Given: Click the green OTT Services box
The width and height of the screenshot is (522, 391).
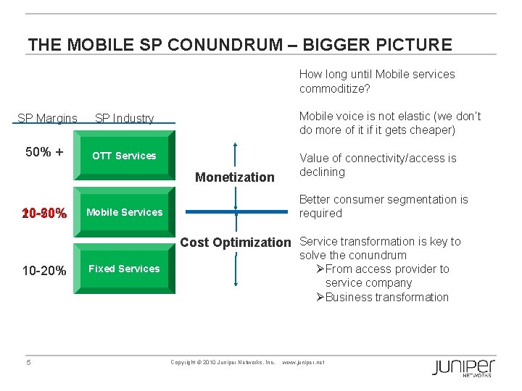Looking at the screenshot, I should (x=125, y=156).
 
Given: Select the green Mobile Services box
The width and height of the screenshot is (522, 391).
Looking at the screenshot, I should (x=125, y=212).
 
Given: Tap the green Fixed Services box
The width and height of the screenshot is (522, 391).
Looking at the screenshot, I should (x=125, y=269).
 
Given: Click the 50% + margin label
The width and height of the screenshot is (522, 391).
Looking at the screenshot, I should (x=44, y=152).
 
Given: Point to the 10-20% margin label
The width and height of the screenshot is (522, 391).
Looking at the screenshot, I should (x=44, y=271).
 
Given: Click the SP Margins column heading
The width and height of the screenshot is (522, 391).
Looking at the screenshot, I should (x=47, y=118).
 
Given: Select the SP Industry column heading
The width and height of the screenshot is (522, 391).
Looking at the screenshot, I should (x=125, y=118).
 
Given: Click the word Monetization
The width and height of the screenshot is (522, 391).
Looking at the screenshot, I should (x=236, y=177).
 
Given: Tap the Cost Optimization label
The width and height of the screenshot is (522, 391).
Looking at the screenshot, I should (x=235, y=242).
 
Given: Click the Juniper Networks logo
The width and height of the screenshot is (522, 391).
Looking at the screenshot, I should (x=463, y=367).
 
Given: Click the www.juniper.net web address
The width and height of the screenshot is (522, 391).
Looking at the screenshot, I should (x=302, y=362).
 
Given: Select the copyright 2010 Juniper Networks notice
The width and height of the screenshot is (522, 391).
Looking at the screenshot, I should (x=222, y=362).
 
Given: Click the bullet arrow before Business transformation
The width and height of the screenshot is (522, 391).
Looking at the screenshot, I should (x=320, y=297).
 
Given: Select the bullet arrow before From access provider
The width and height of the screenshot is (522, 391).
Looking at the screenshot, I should (x=320, y=269).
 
